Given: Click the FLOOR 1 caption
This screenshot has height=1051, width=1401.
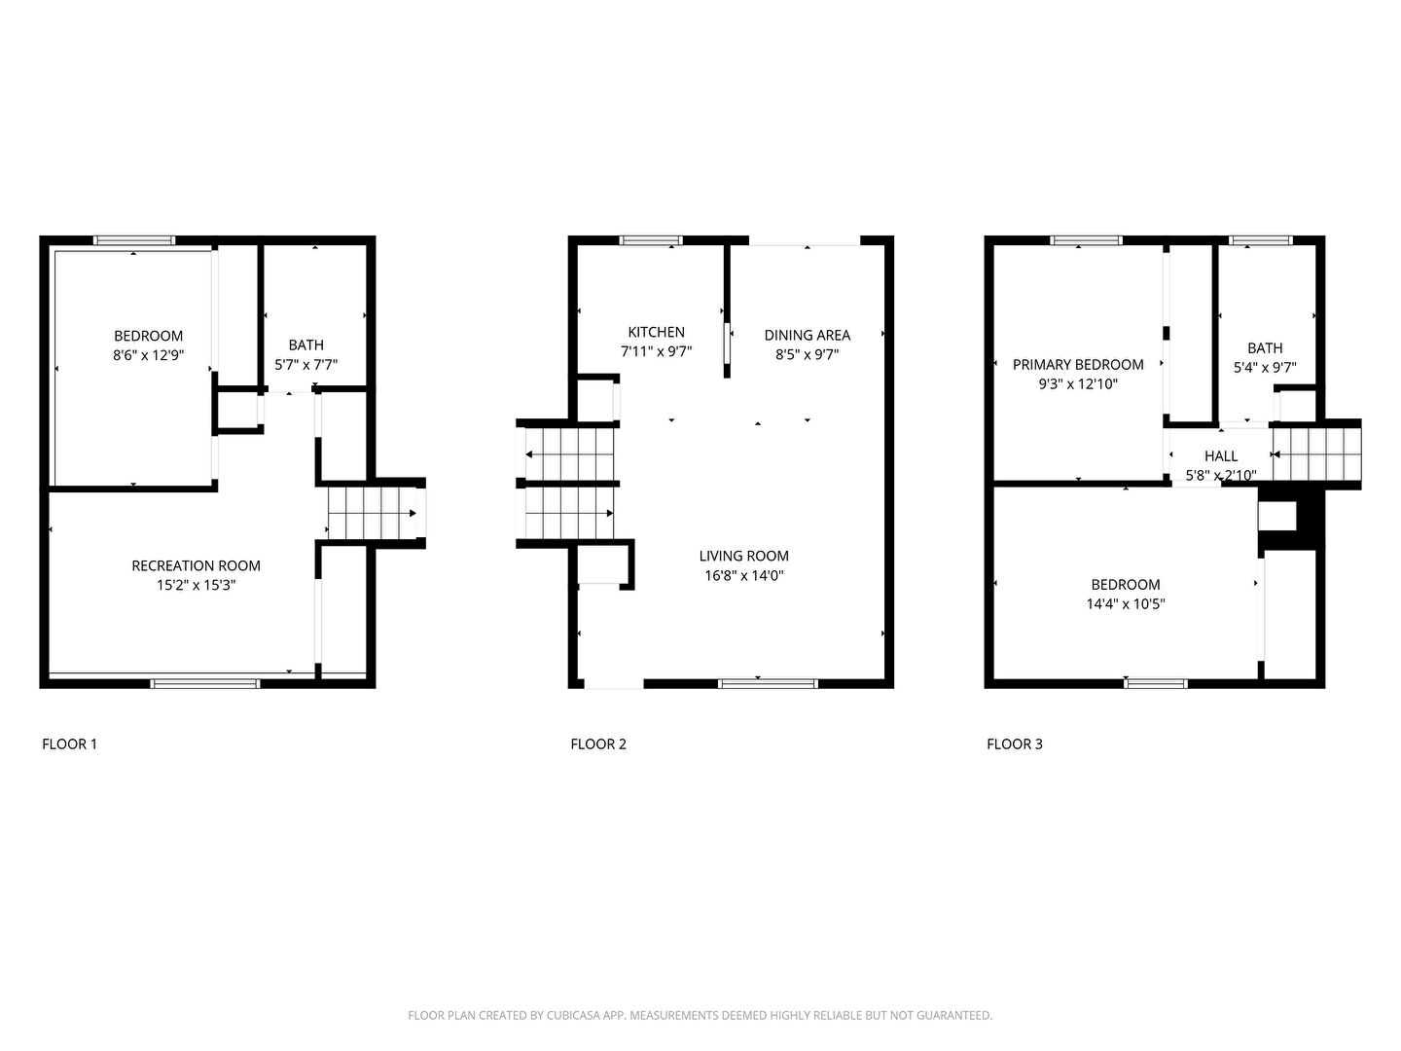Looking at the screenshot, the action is (70, 744).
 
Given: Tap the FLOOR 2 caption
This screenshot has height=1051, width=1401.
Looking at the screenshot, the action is (598, 744).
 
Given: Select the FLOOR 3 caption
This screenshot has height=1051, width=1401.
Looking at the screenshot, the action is (1014, 744).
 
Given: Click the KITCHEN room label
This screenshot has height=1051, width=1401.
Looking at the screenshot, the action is (656, 332).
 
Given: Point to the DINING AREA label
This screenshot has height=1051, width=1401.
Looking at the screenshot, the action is (807, 335).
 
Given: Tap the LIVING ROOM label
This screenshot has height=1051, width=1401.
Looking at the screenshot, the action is (743, 556).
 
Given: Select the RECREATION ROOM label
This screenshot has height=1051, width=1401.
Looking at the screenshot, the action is (196, 565).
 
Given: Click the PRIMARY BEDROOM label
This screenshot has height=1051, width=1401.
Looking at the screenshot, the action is (1078, 364).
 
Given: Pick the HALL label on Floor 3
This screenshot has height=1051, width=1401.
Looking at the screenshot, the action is (1221, 455).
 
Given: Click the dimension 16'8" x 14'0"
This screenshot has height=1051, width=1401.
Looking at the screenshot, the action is (743, 575).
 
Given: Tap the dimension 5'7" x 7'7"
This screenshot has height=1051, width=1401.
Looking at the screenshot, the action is (305, 364).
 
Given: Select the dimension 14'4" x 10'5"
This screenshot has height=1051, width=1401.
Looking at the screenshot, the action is (1126, 603).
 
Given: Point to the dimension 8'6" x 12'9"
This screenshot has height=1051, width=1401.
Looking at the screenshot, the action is (148, 355).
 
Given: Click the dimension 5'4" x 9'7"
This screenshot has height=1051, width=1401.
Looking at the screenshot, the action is (1265, 368).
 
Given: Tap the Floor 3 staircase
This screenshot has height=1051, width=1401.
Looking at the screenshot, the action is (1316, 453).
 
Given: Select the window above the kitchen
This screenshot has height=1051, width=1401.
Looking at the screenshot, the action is (651, 240).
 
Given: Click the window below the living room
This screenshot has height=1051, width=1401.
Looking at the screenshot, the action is (768, 683).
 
